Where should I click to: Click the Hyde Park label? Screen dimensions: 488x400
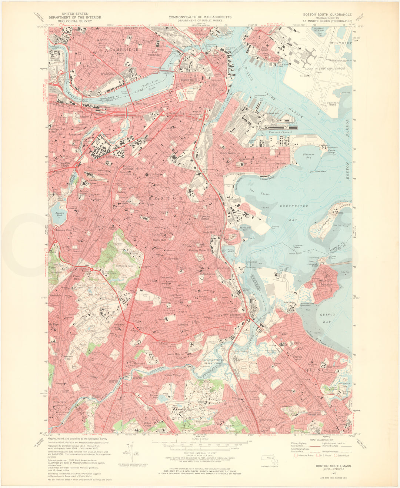click(x=59, y=402)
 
